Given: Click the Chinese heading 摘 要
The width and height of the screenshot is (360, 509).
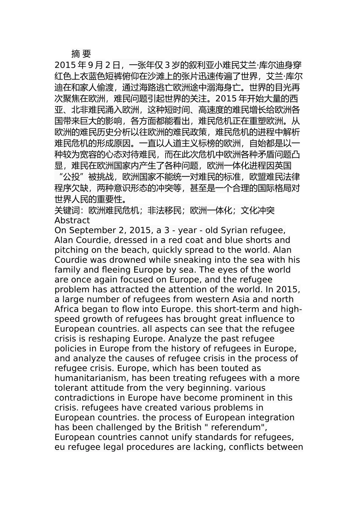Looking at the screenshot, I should pyautogui.click(x=81, y=54).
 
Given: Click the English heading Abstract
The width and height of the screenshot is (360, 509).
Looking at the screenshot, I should pyautogui.click(x=72, y=220).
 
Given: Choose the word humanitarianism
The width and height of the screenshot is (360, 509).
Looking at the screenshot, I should pyautogui.click(x=90, y=378).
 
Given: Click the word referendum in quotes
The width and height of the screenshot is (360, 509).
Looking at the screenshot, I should pyautogui.click(x=237, y=427).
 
